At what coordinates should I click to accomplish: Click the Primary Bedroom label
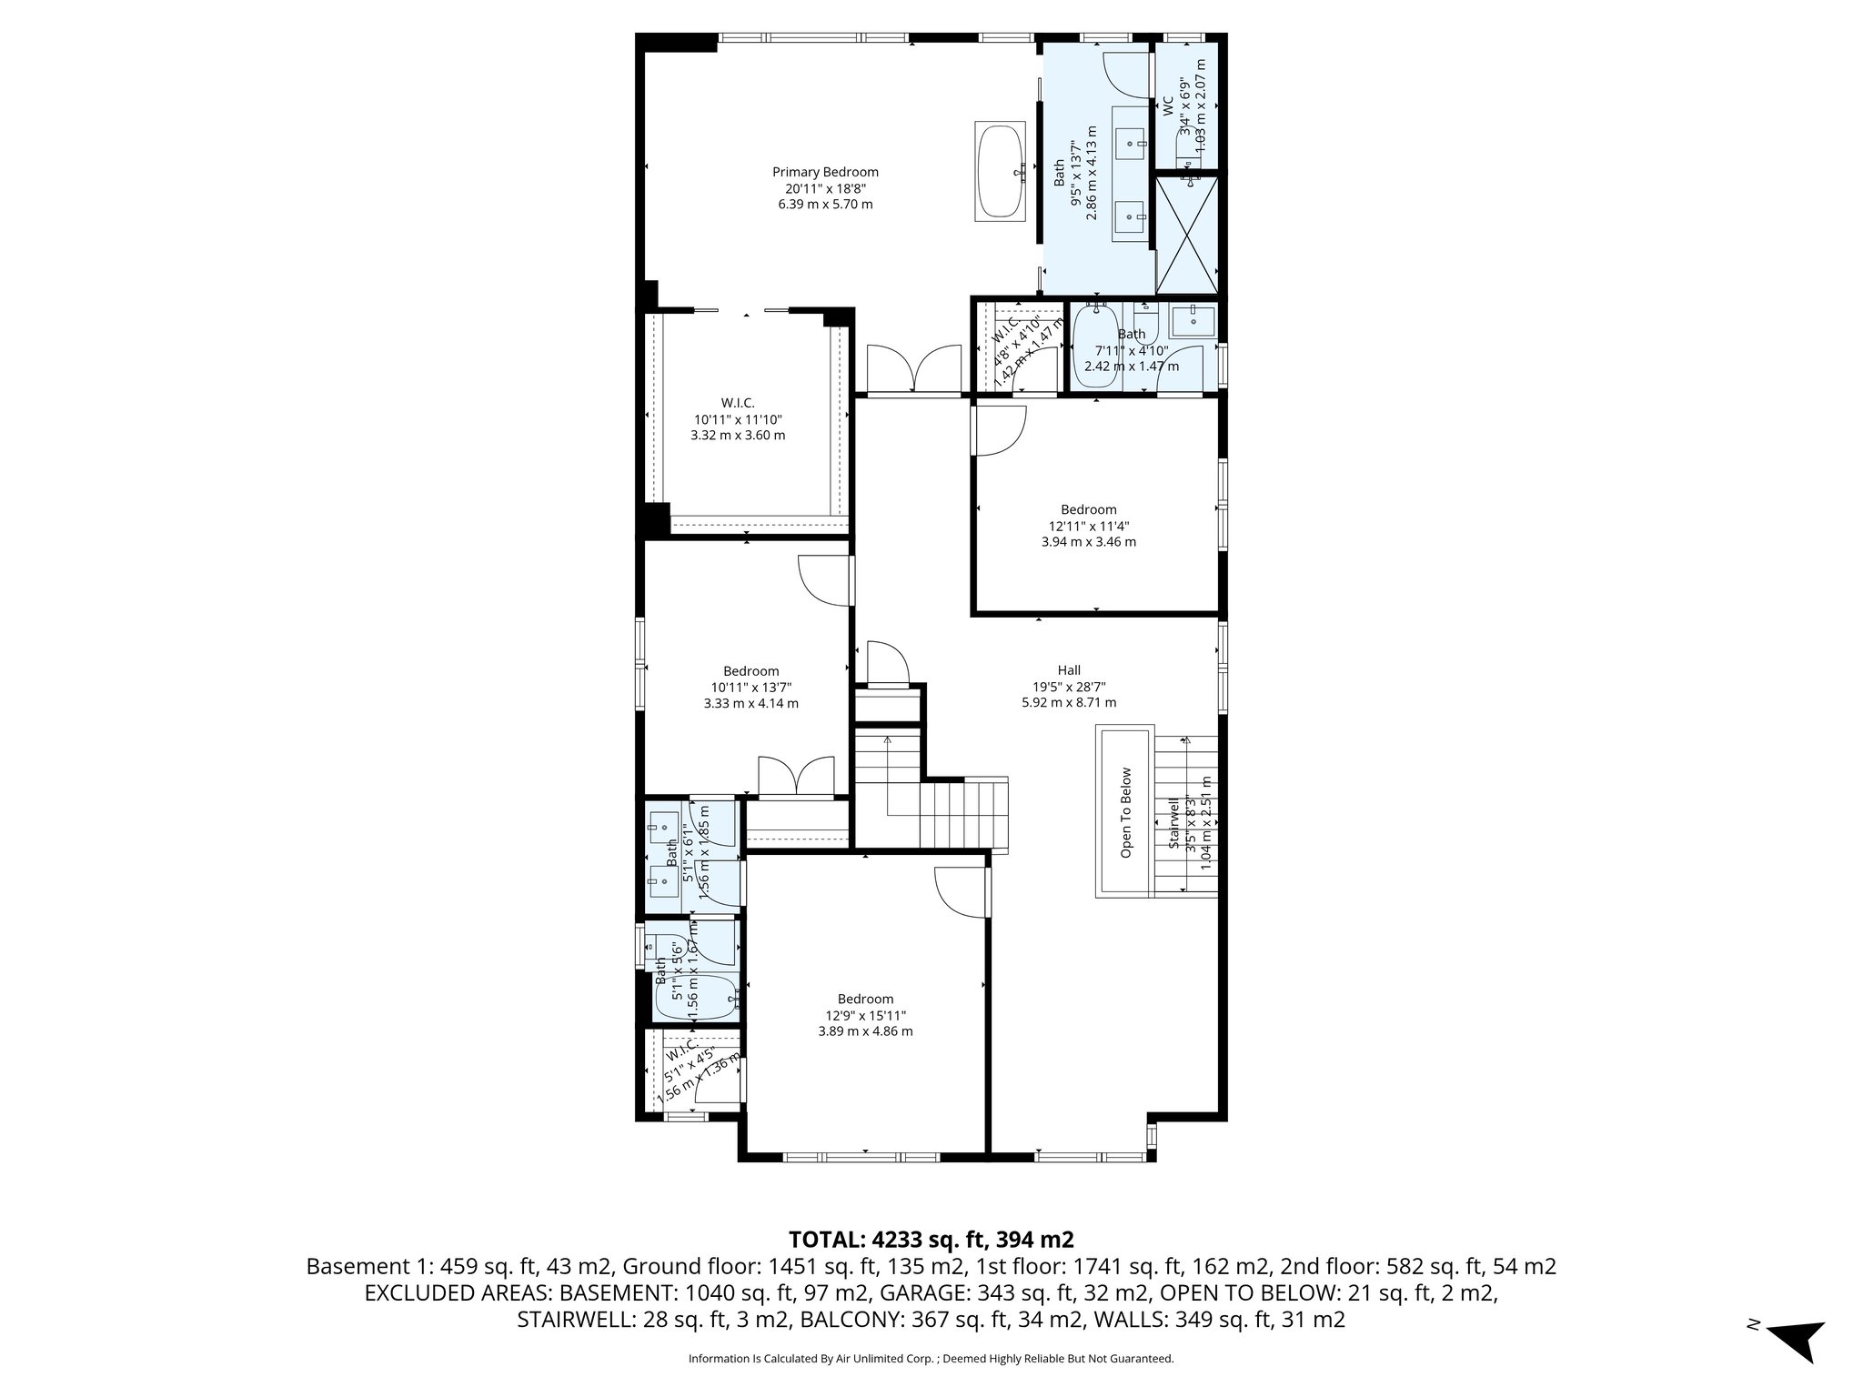(825, 172)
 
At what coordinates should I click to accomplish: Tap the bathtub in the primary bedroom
(1000, 171)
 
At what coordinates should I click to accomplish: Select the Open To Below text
(1126, 812)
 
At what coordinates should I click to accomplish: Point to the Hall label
(1069, 670)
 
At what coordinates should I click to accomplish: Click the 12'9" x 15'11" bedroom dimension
(865, 1015)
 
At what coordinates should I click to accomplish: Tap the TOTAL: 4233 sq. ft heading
(931, 1239)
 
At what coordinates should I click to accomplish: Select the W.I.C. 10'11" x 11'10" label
(738, 419)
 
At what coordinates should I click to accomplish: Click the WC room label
(1168, 107)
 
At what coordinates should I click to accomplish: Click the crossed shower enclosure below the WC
(1186, 235)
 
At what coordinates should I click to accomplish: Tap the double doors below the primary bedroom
(914, 370)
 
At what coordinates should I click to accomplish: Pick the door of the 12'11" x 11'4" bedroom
(999, 431)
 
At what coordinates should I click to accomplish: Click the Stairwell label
(1174, 823)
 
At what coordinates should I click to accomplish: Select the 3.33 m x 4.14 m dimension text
(750, 703)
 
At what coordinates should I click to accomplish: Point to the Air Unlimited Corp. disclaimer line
(931, 1359)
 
